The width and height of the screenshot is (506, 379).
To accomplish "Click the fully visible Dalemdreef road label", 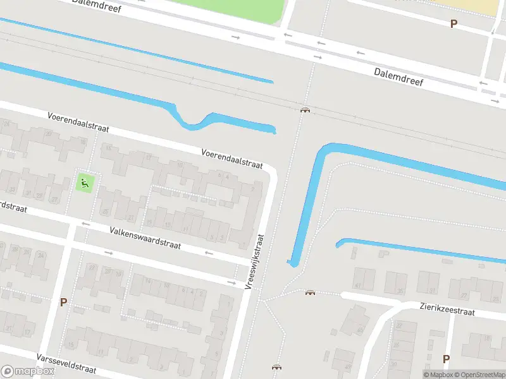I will pyautogui.click(x=398, y=77).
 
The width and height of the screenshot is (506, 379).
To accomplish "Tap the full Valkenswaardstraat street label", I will pyautogui.click(x=145, y=238).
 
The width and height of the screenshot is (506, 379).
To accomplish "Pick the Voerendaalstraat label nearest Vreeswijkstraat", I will pyautogui.click(x=231, y=159).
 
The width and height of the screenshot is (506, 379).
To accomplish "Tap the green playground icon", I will pyautogui.click(x=84, y=183).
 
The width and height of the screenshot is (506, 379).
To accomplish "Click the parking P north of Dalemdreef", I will pyautogui.click(x=453, y=23).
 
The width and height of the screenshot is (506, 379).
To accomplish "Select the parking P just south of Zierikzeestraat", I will pyautogui.click(x=446, y=359).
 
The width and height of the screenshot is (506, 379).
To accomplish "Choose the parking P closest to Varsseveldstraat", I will pyautogui.click(x=63, y=302).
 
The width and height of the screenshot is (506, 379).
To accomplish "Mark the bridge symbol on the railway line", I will pyautogui.click(x=305, y=110).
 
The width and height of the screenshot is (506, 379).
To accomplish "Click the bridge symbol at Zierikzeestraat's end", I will pyautogui.click(x=310, y=292).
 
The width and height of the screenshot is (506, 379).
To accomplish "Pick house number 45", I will pyautogui.click(x=348, y=366).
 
